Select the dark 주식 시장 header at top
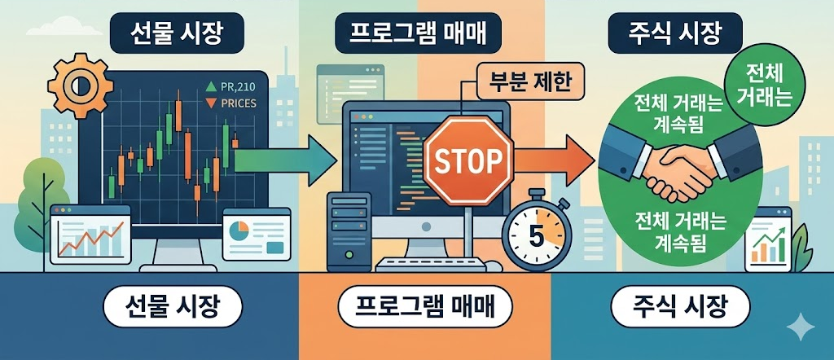point(675,34)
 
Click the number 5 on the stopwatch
point(535,235)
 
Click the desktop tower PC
point(345,231)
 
